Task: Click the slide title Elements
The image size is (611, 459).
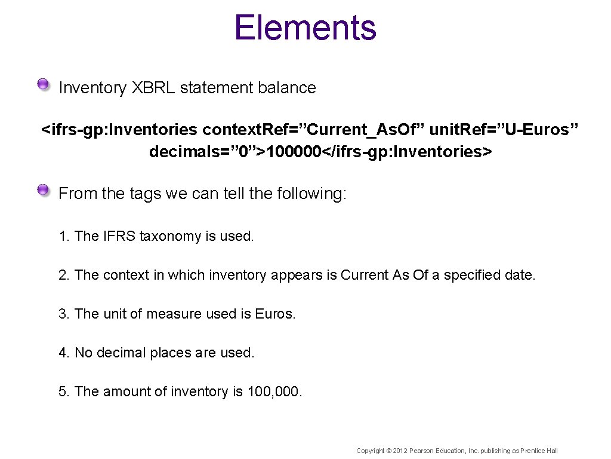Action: (x=305, y=28)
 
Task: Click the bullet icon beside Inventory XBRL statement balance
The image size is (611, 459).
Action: (x=43, y=85)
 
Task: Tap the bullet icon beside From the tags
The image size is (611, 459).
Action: (x=43, y=191)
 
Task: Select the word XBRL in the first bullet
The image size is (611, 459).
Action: (x=153, y=88)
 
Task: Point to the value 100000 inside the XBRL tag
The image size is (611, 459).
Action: (x=294, y=152)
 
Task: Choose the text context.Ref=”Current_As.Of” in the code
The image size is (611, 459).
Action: (x=314, y=130)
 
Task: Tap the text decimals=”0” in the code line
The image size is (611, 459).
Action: (x=202, y=152)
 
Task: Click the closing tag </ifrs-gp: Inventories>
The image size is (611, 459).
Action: (x=407, y=152)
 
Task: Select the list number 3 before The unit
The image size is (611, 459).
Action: (x=63, y=314)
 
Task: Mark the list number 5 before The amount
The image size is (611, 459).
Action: (x=63, y=391)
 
